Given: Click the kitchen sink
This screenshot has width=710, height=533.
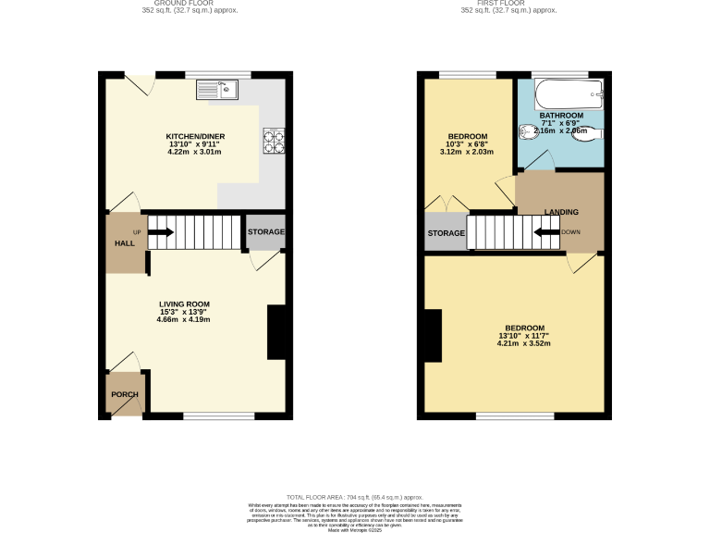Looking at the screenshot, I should coord(216,90).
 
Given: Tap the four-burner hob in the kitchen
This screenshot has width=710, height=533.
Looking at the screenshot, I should coord(274,139).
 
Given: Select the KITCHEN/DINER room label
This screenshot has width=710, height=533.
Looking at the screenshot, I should coord(195,137).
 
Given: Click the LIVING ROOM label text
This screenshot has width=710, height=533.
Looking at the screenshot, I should coord(184,304).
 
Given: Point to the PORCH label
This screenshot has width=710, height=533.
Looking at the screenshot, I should coord(125,395).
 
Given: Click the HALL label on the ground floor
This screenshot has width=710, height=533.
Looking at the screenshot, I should coord(124,242).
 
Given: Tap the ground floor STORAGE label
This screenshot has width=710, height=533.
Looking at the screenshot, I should coord(265,231).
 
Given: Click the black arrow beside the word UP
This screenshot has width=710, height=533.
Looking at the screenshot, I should coord(159,232).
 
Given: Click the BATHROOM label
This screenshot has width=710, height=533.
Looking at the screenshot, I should coord(561,116).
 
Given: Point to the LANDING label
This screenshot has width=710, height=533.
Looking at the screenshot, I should coord(562,212).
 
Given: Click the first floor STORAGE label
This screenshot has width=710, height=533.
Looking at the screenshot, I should coord(446,233).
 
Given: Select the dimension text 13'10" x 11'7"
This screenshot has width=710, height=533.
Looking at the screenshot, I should coord(524,335).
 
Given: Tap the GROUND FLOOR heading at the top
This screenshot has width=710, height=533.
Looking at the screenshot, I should coord(190,4).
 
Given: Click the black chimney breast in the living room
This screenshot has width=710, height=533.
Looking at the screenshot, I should coord(276,331).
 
